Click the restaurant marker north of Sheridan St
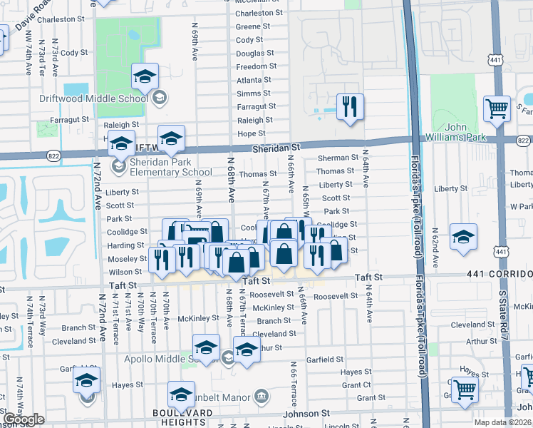(349, 107)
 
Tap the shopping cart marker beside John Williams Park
(497, 109)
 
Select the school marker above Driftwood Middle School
(145, 76)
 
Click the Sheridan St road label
(277, 146)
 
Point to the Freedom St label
(257, 66)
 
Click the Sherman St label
(338, 158)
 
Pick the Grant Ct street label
(356, 385)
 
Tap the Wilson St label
(125, 272)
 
